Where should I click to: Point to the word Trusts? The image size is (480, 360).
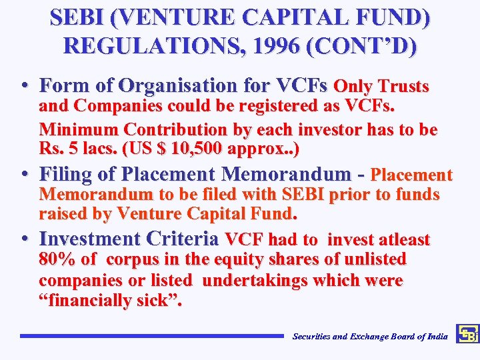(403, 86)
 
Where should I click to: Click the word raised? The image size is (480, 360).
(63, 214)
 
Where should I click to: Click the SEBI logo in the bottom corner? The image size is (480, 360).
(467, 334)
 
